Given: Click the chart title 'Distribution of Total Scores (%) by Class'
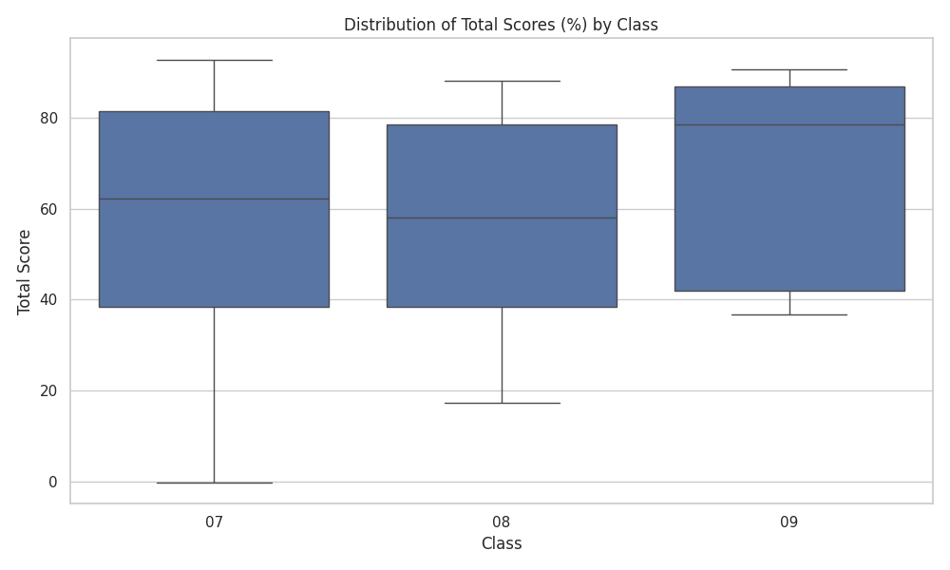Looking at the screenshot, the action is tap(501, 25).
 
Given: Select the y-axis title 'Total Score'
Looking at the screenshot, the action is tap(24, 272).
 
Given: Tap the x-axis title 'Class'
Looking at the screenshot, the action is tap(502, 543).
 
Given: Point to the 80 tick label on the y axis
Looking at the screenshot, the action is tap(49, 118).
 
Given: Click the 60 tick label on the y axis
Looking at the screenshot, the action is tap(49, 210).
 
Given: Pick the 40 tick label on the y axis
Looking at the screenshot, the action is tap(49, 300).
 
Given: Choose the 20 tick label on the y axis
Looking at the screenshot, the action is tap(49, 390).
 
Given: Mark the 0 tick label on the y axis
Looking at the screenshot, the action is tap(53, 483).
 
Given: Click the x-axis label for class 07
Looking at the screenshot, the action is tap(214, 522).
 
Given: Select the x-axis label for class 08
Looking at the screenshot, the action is tap(502, 522).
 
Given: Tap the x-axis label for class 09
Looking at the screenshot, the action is tap(789, 522).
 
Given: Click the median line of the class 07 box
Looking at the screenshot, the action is tap(214, 199).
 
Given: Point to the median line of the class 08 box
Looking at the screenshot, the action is tap(502, 218).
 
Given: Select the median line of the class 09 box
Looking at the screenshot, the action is tap(789, 124).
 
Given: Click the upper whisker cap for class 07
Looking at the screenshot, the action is tap(214, 60).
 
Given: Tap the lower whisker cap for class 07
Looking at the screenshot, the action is tap(214, 483).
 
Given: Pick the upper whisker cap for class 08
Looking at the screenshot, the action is tap(502, 81).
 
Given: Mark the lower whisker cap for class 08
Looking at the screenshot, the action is tap(502, 403).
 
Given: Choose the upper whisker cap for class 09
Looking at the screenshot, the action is tap(789, 69).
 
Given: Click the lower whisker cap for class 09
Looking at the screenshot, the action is tap(789, 315).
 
